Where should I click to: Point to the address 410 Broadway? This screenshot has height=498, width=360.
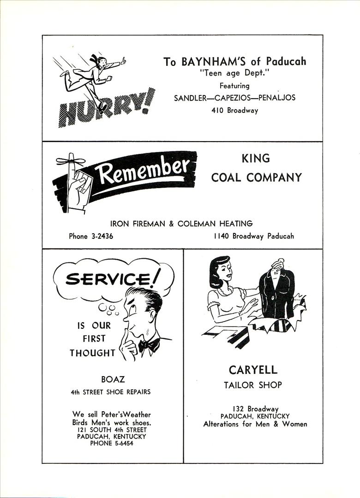[234, 111]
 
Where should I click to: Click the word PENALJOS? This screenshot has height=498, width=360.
[276, 98]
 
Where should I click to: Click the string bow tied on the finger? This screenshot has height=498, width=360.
[71, 161]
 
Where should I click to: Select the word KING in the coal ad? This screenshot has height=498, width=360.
[256, 159]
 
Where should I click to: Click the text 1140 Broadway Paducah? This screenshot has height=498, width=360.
[253, 236]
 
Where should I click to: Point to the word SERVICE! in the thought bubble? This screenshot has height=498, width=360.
[113, 279]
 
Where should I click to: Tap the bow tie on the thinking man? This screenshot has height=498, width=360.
[149, 345]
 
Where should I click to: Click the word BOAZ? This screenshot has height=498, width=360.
[113, 379]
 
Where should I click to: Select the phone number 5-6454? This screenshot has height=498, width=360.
[121, 444]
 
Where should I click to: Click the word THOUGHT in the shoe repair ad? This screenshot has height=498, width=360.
[92, 353]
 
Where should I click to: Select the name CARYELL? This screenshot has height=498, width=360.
[253, 370]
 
